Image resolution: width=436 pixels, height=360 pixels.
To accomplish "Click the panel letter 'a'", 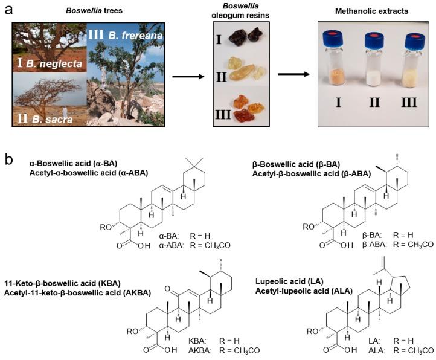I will tap(8, 8).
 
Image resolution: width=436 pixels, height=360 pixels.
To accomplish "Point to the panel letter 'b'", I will tap(8, 159).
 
